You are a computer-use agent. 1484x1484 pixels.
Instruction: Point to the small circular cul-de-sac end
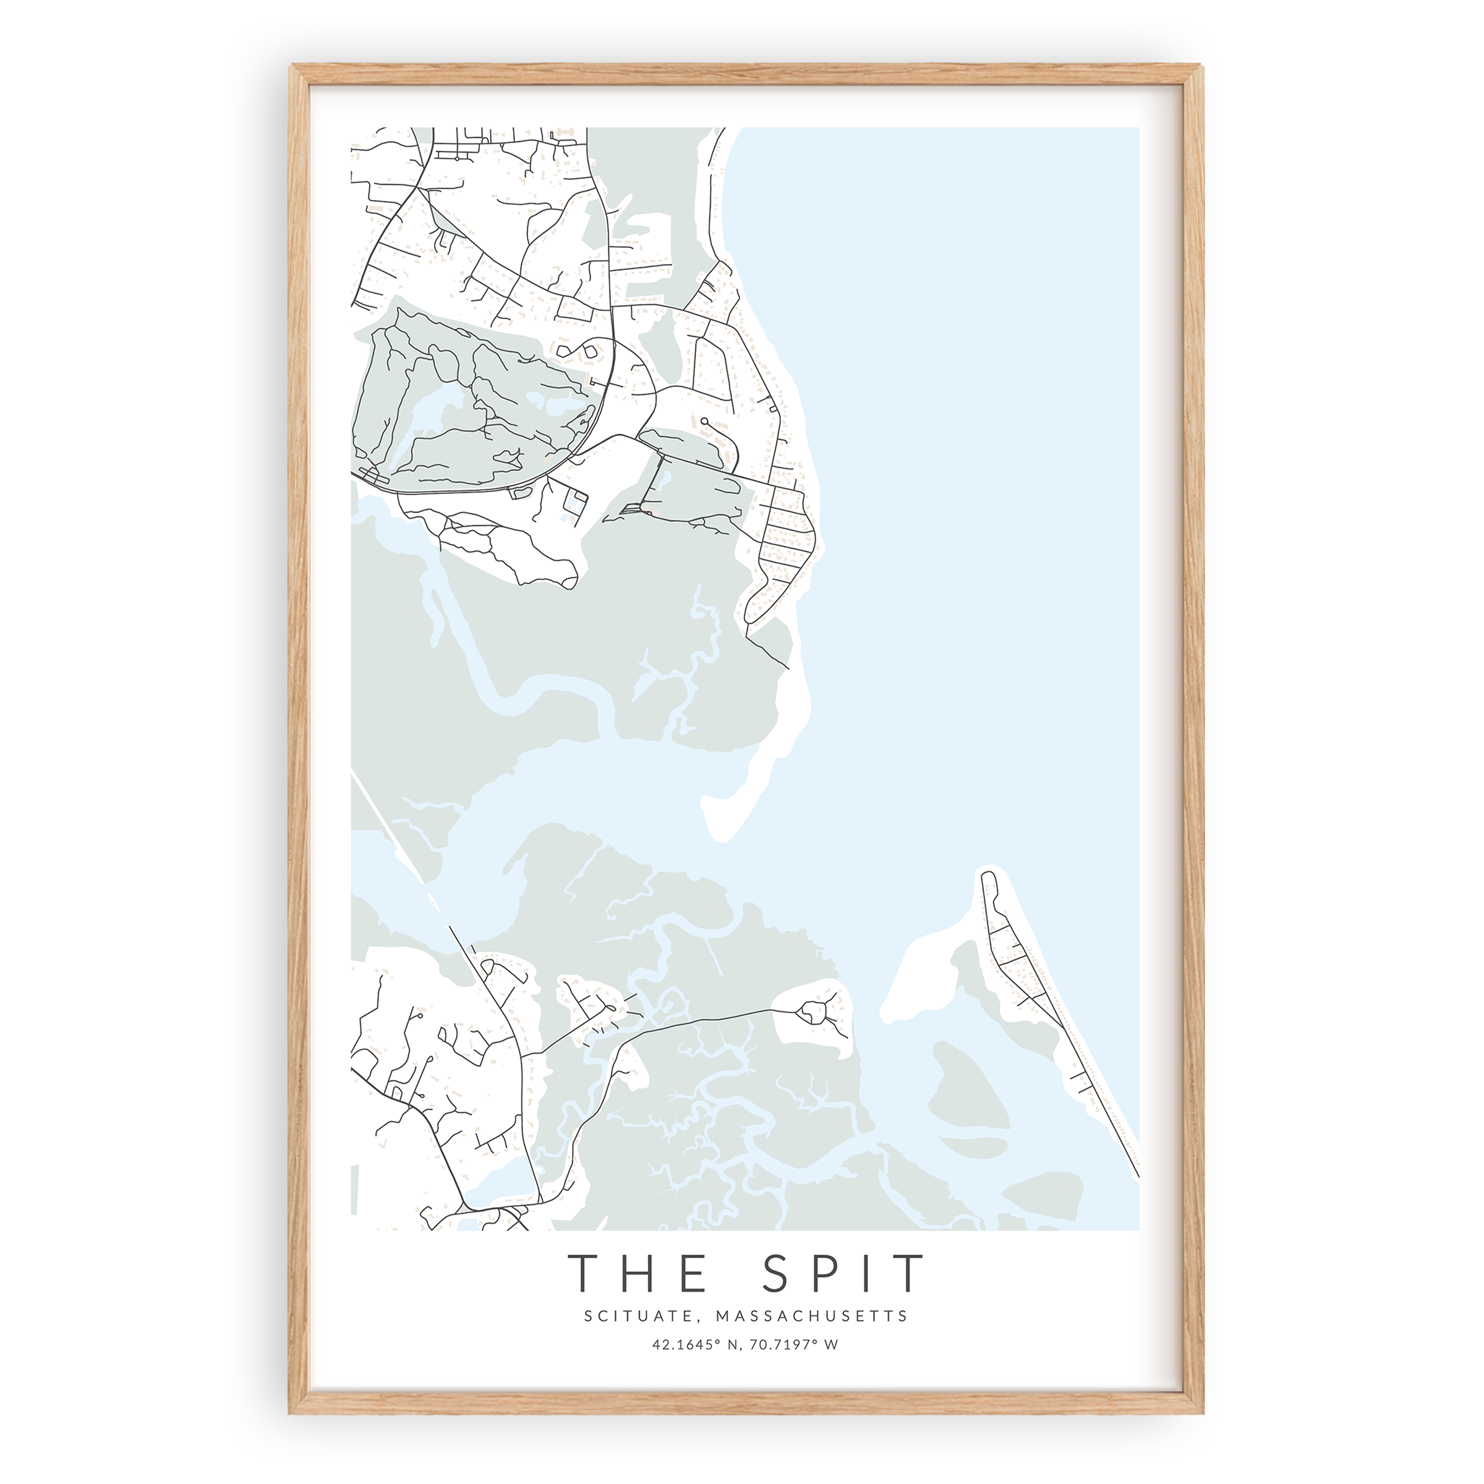pyautogui.click(x=704, y=422)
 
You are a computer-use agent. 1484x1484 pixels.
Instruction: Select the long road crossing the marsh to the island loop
pyautogui.click(x=707, y=1019)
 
